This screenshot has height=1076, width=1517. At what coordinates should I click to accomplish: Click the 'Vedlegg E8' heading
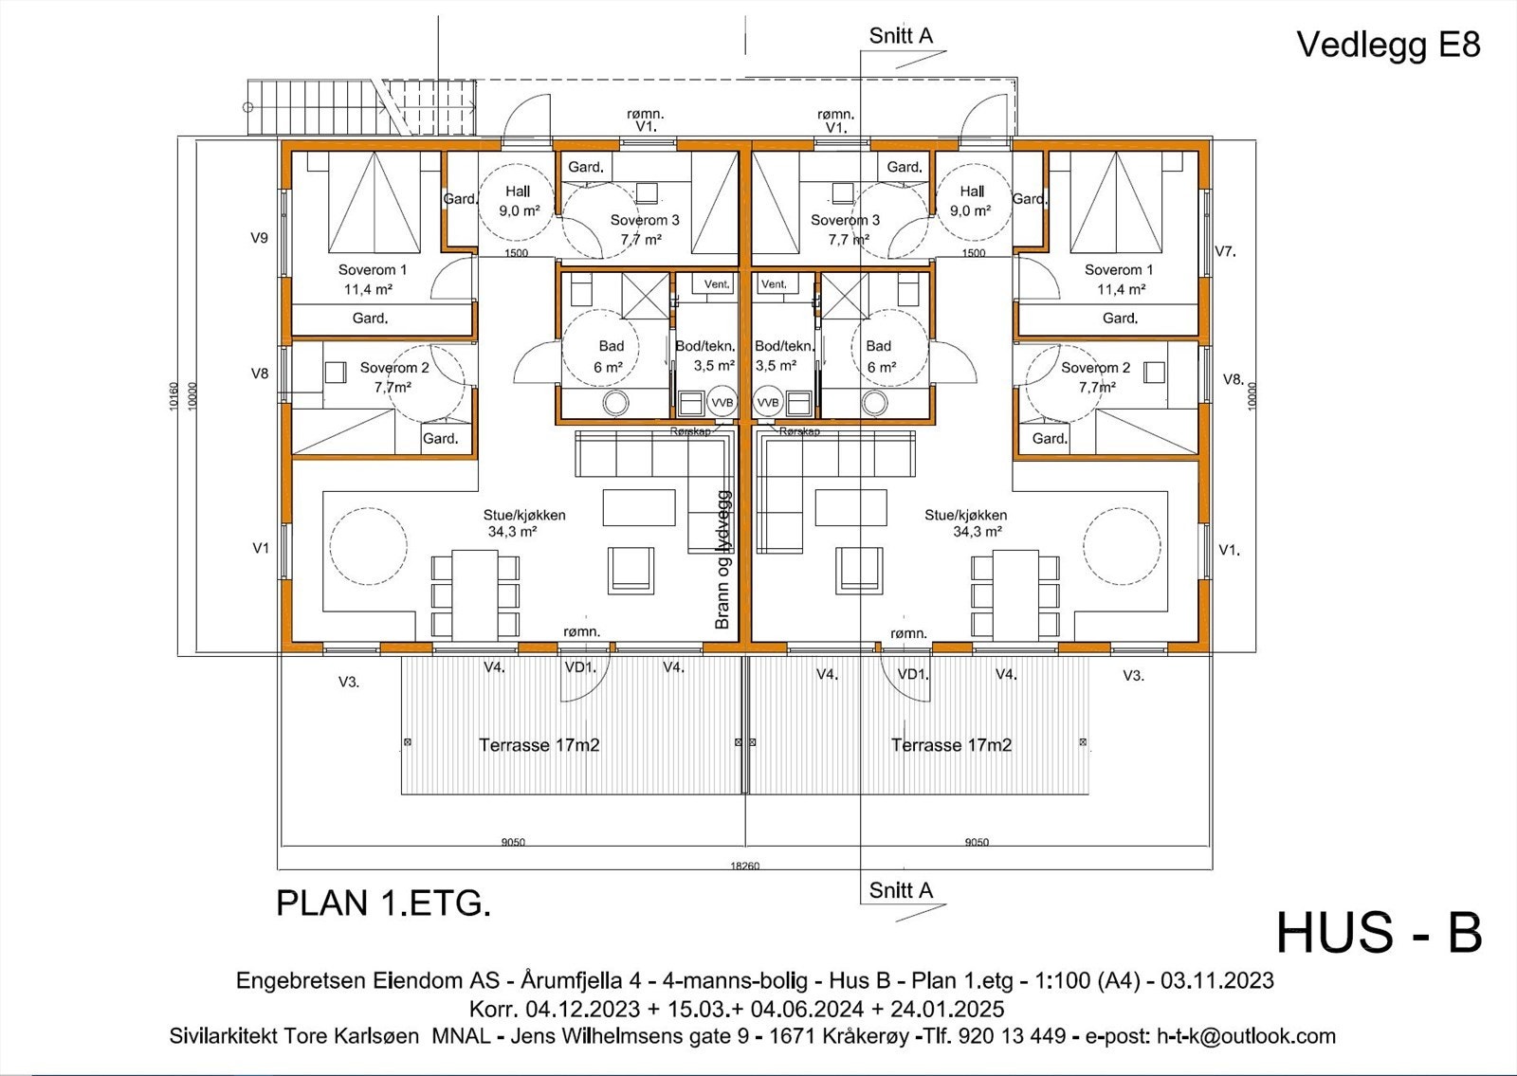(x=1387, y=45)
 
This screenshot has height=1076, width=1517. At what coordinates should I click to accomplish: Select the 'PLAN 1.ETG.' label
(x=383, y=903)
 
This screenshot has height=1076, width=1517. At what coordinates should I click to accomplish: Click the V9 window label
(x=259, y=238)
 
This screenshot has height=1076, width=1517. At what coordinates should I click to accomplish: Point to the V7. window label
(x=1226, y=251)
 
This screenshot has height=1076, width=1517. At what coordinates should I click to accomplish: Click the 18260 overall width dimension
(x=744, y=866)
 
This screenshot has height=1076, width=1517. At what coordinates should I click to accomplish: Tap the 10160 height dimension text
(x=173, y=396)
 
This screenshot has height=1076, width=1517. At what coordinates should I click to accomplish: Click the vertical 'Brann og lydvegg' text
(x=722, y=559)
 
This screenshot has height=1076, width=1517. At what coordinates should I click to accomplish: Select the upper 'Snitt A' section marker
(x=901, y=36)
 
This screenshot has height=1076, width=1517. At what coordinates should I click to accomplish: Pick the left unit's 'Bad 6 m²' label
(x=611, y=356)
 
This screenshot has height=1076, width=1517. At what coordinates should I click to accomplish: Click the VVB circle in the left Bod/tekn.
(x=722, y=402)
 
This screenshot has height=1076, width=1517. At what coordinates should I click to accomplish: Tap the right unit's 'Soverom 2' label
(x=1095, y=368)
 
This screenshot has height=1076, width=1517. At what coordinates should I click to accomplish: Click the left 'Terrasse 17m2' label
(x=539, y=745)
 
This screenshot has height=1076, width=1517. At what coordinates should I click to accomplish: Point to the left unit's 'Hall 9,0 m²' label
(x=518, y=201)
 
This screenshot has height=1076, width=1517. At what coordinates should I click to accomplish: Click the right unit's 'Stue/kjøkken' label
(x=965, y=515)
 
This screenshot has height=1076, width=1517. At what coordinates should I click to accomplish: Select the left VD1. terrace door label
(x=580, y=667)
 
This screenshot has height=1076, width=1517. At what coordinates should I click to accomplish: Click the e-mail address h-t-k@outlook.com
(x=1246, y=1036)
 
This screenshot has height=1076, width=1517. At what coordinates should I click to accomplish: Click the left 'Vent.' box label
(x=717, y=283)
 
